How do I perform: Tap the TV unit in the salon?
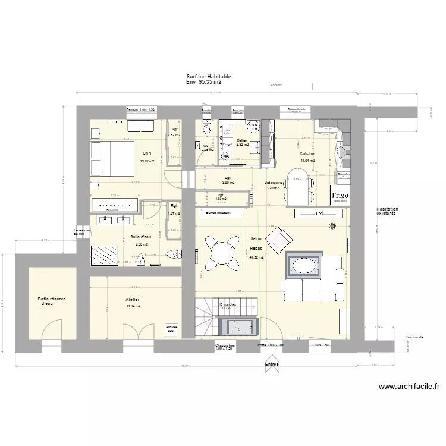[318, 213]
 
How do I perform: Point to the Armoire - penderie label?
[114, 205]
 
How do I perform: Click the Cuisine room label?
[307, 154]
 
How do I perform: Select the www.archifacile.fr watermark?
[409, 387]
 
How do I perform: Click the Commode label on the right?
[414, 337]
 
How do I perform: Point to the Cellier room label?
[242, 141]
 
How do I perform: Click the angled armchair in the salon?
[278, 240]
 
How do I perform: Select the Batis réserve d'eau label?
[52, 301]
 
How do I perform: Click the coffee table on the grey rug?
[304, 264]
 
